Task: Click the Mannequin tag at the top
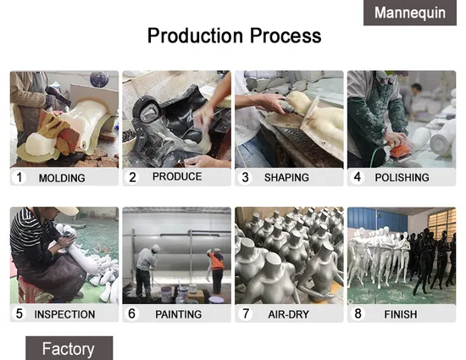[x=410, y=13]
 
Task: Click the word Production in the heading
[x=195, y=36]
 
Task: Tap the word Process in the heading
[x=286, y=36]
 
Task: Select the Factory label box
[x=69, y=348]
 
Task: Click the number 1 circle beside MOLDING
[x=19, y=177]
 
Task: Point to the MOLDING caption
[x=62, y=178]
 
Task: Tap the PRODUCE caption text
[x=177, y=176]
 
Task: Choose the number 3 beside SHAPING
[x=245, y=177]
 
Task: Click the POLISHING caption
[x=402, y=178]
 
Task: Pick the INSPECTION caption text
[x=64, y=314]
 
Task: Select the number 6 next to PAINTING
[x=131, y=313]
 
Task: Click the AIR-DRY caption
[x=289, y=314]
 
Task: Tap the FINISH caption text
[x=401, y=314]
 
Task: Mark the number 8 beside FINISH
[x=358, y=313]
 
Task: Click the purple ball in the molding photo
[x=99, y=80]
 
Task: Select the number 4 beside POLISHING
[x=358, y=177]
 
